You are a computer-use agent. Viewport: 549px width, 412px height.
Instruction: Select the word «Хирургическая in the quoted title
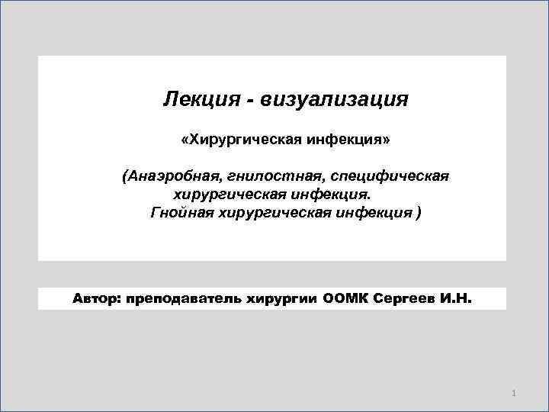coord(242,140)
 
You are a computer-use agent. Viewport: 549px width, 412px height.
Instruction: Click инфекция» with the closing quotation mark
coord(352,140)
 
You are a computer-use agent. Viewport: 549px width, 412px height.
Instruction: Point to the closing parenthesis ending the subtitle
coord(416,212)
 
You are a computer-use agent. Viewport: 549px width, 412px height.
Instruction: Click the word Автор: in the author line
coord(97,298)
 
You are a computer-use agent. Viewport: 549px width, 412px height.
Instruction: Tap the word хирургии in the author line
coord(282,298)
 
